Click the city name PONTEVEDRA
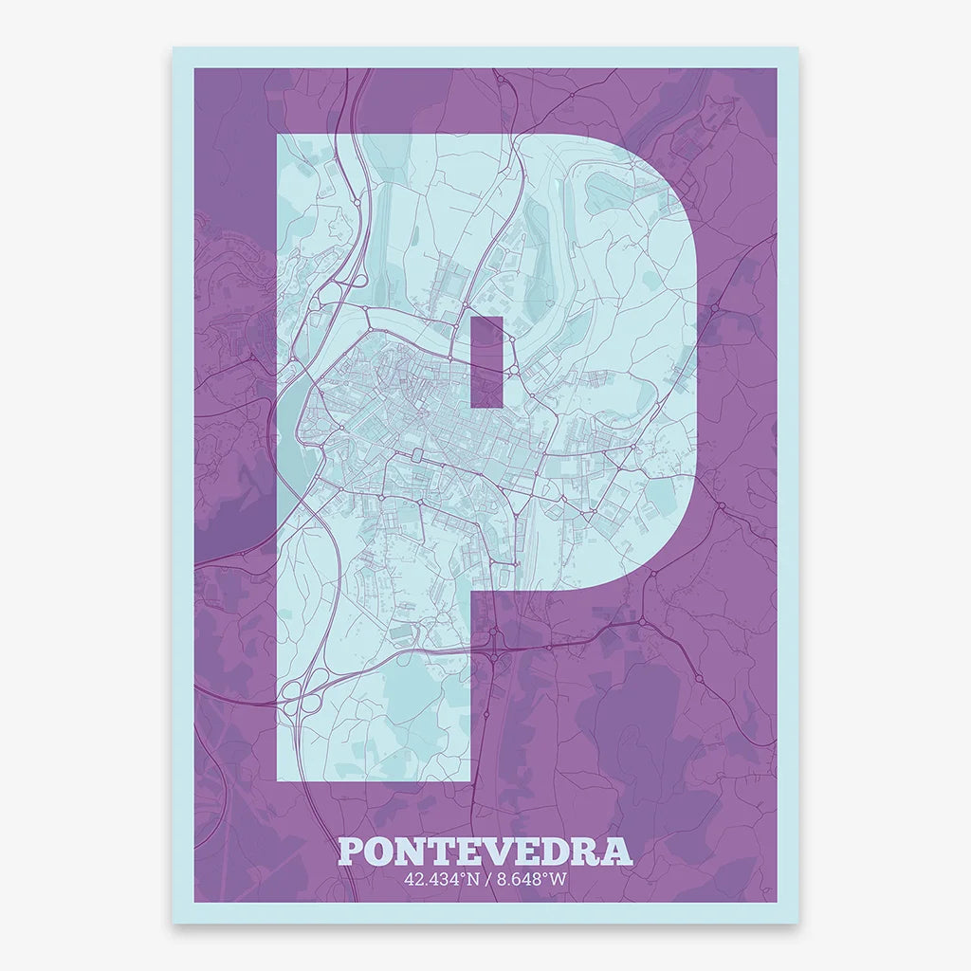coord(485,851)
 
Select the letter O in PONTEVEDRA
coord(384,851)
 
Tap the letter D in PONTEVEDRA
coord(563,851)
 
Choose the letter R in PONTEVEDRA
coord(594,851)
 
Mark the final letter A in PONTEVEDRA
coord(620,851)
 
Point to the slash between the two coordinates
coord(485,879)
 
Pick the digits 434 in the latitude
coord(439,879)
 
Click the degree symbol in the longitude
coord(546,875)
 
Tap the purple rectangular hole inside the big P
coord(486,360)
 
